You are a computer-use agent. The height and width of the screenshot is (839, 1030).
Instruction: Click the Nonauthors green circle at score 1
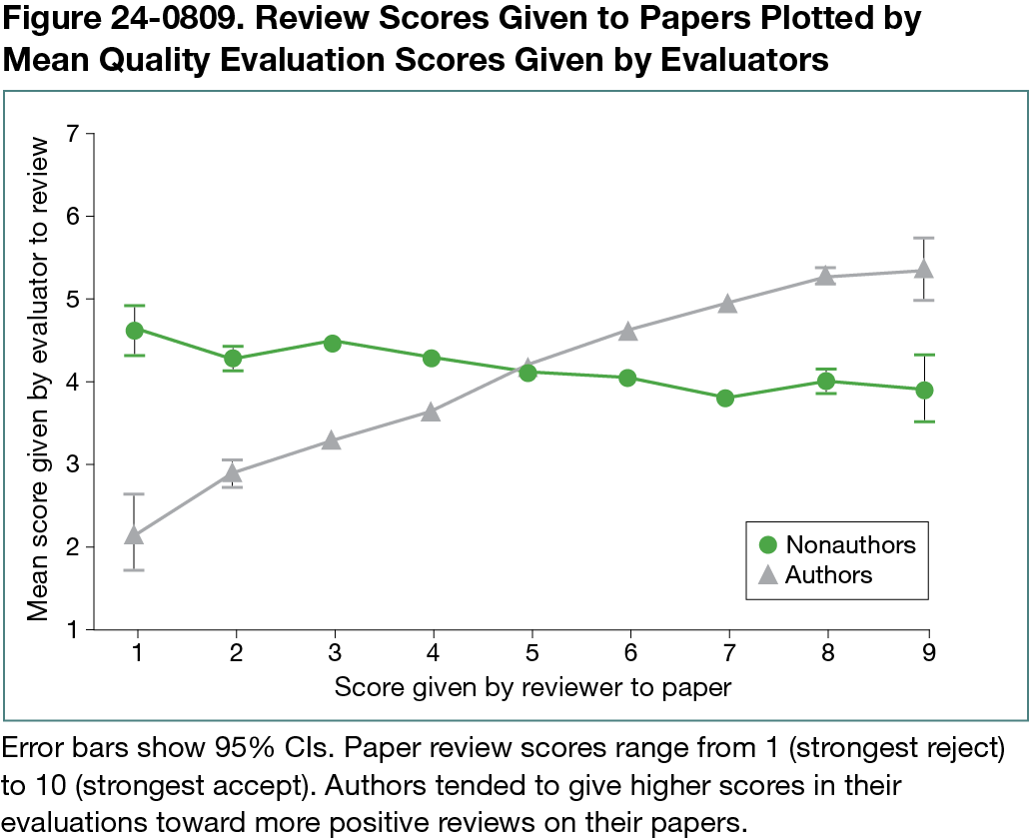pyautogui.click(x=135, y=330)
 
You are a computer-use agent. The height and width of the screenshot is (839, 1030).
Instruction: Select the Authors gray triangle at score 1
pyautogui.click(x=135, y=535)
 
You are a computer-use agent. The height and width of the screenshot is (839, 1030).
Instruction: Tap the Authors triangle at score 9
pyautogui.click(x=924, y=270)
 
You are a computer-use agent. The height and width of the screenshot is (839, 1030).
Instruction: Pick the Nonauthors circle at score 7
pyautogui.click(x=726, y=399)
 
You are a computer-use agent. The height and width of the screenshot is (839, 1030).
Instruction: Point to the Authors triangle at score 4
pyautogui.click(x=431, y=412)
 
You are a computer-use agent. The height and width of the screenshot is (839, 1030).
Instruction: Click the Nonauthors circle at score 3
pyautogui.click(x=333, y=343)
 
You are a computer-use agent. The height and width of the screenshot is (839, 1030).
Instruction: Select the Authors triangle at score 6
pyautogui.click(x=627, y=331)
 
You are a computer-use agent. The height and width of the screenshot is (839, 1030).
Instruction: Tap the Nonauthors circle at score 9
pyautogui.click(x=924, y=390)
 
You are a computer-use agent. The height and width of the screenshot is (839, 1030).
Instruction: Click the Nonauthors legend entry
pyautogui.click(x=837, y=544)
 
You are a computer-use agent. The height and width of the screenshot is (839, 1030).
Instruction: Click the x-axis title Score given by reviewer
pyautogui.click(x=532, y=687)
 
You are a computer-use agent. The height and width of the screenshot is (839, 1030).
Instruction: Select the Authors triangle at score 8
pyautogui.click(x=825, y=276)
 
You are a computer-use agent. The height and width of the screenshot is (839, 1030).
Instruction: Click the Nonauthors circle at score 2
pyautogui.click(x=234, y=358)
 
